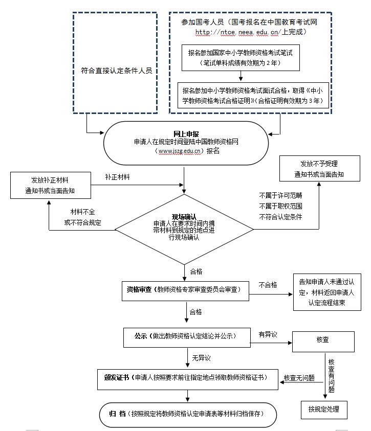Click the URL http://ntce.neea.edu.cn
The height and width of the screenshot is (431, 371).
pos(236,32)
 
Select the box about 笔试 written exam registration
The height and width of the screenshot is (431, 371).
pos(240,57)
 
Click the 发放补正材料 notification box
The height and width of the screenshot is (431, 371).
pos(50,186)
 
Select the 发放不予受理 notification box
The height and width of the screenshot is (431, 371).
pos(319,168)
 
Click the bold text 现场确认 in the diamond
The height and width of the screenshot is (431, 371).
pos(184,217)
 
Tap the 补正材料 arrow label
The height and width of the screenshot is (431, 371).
pos(117,177)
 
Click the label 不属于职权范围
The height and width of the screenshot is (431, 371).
pos(280,206)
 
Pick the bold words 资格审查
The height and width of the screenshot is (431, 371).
pos(139,289)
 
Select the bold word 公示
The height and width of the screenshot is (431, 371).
pos(141,336)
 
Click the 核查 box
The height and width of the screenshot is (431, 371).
pos(323,340)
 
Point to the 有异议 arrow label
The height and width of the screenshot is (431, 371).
pos(268,334)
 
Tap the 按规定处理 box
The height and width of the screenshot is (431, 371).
pos(323,409)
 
